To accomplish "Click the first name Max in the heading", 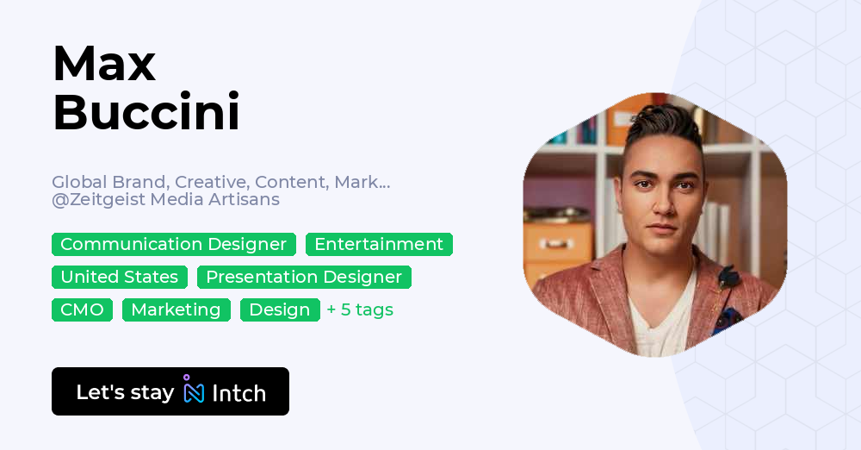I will [x=104, y=63].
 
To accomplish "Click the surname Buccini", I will [x=146, y=112].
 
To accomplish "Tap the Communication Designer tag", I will [x=173, y=245].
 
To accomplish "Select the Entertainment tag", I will [x=379, y=245].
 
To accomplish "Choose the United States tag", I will [x=120, y=278].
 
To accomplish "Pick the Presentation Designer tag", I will [x=304, y=278].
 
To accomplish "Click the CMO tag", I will [x=82, y=310].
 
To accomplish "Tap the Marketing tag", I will [x=177, y=310].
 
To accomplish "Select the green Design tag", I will [x=280, y=310].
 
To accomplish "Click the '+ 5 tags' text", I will [x=360, y=310].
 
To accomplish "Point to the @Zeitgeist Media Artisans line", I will [x=165, y=200].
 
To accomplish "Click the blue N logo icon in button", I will [x=194, y=391].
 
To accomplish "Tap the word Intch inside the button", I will [x=238, y=393].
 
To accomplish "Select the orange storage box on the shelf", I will [x=558, y=242].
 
